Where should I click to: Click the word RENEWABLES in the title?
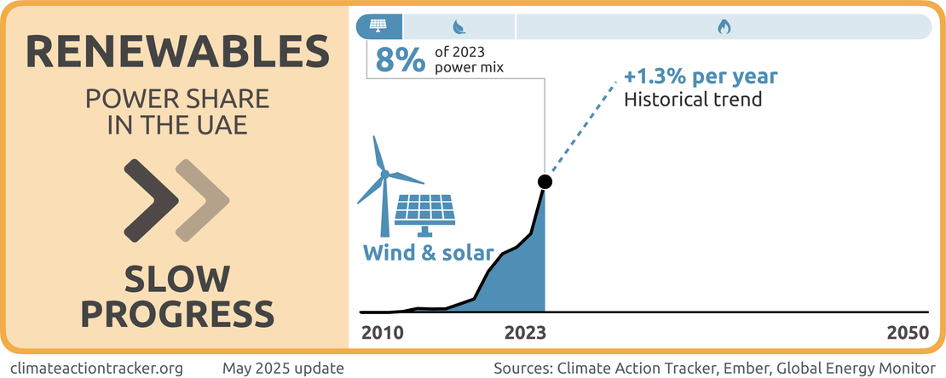[176, 53]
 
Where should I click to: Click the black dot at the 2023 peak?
[545, 182]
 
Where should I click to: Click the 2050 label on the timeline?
[905, 333]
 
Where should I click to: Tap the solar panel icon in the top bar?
[379, 26]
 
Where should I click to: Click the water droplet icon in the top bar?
[459, 26]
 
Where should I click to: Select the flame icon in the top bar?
[724, 26]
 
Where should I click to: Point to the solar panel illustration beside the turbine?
[424, 214]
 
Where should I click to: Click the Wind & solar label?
[428, 253]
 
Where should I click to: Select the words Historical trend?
[693, 99]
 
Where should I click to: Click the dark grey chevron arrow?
[152, 199]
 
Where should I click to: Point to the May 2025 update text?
[283, 368]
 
